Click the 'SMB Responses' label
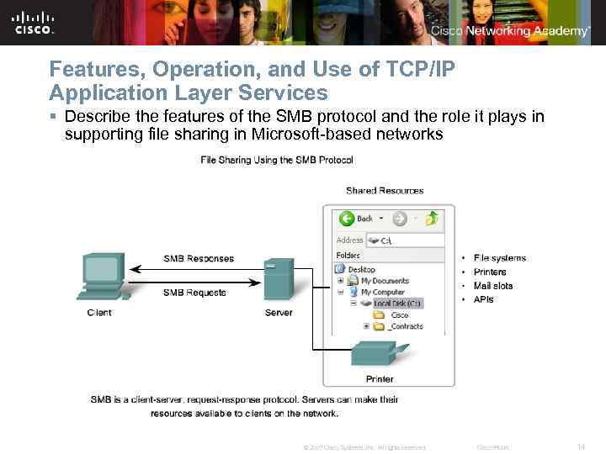tap(199, 258)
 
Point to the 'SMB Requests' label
tap(194, 293)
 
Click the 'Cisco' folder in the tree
tap(399, 314)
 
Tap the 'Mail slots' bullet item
tap(492, 286)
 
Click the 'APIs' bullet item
tap(483, 299)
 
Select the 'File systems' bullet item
tap(499, 258)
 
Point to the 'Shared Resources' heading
tap(385, 191)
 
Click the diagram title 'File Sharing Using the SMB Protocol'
tap(276, 160)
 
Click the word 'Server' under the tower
tap(279, 313)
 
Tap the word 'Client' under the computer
tap(99, 313)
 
